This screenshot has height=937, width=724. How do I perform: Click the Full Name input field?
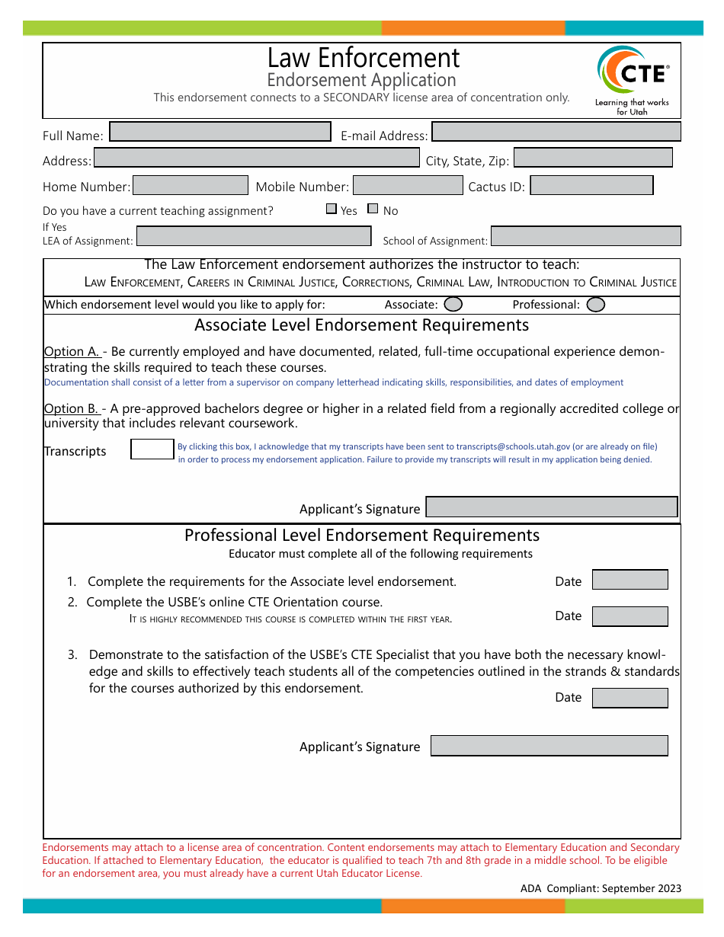click(220, 132)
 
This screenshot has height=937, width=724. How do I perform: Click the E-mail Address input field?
click(556, 132)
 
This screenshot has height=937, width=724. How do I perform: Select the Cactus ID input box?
click(591, 185)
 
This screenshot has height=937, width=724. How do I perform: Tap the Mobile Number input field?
click(408, 185)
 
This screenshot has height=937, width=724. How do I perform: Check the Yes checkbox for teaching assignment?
click(331, 209)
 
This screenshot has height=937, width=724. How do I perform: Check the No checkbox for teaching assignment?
click(373, 209)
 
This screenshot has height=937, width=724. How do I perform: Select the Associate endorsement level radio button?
click(453, 305)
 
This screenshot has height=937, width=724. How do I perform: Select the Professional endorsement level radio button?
click(596, 305)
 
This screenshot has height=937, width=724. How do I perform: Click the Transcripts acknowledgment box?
click(152, 449)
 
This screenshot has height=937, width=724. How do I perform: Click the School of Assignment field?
click(585, 236)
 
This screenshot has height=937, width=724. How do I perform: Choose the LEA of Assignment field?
click(254, 236)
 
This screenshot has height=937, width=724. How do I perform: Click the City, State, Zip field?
click(593, 158)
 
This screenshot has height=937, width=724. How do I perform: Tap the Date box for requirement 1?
click(629, 580)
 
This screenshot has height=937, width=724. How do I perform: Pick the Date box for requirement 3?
click(629, 698)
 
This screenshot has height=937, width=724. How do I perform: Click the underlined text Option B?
click(71, 408)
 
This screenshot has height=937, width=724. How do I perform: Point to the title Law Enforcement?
click(363, 58)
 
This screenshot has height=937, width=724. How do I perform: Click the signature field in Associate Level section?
click(551, 507)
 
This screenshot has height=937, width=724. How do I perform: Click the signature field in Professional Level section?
click(549, 746)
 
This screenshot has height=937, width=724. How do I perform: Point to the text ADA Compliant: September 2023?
click(601, 888)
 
